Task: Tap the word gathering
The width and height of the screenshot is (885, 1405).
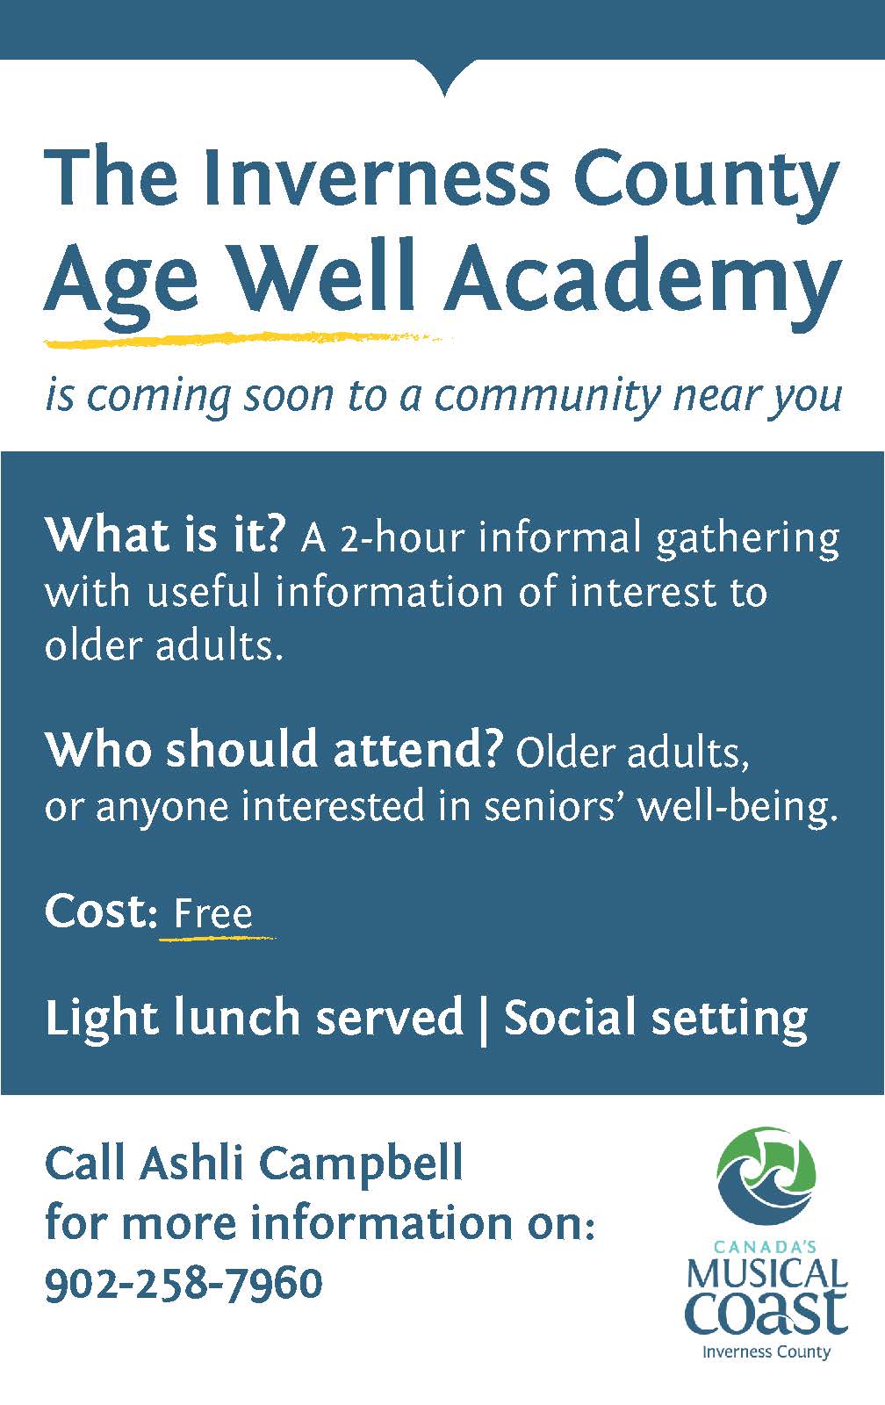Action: point(747,539)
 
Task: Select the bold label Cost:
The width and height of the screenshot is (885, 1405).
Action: point(99,911)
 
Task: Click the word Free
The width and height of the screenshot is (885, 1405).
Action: point(213,913)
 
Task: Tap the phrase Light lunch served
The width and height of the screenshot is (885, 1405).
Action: point(254,1018)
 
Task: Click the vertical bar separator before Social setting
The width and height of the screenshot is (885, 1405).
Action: point(483,1020)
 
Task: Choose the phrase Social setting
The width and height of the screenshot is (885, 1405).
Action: point(655,1018)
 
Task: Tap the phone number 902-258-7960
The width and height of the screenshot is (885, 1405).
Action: point(183,1283)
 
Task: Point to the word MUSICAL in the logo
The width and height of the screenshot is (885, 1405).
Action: point(766,1272)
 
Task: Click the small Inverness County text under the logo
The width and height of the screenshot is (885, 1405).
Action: point(766,1351)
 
